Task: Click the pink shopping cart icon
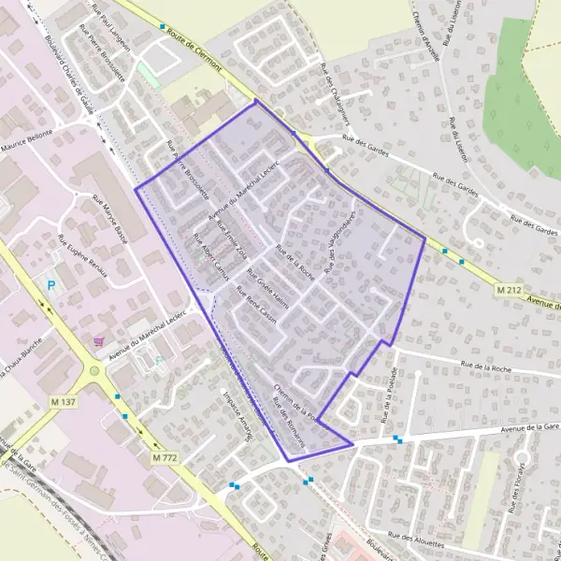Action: (98, 342)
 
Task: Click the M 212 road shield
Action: (509, 291)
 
